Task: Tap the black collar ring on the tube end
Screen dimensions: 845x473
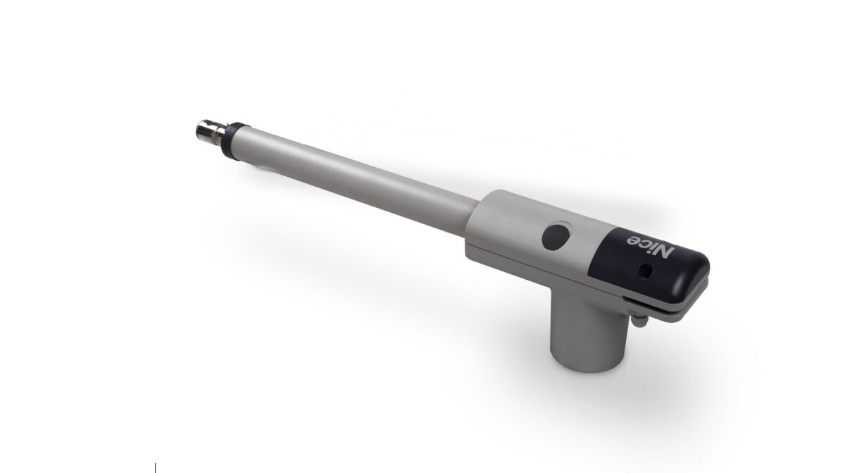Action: (234, 141)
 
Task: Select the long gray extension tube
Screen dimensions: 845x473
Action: (355, 181)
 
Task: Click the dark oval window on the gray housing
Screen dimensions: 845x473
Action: (556, 237)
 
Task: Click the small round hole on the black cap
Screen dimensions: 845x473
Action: (645, 270)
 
